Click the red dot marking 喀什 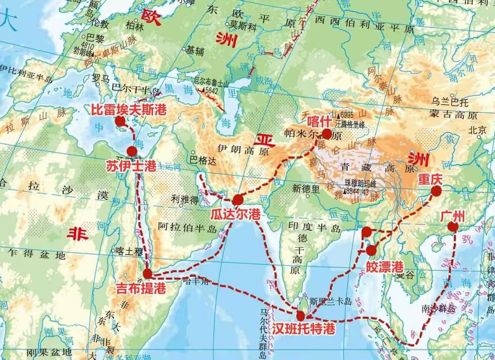pos(326,134)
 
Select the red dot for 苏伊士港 pos(132,152)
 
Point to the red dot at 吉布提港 pos(147,274)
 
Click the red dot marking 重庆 pos(435,191)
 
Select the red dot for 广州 pos(453,226)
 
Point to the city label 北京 pos(477,130)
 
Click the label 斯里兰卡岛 pos(330,301)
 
